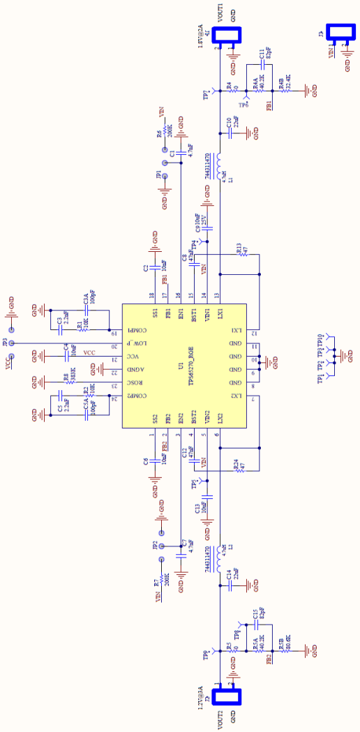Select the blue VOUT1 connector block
point(231,36)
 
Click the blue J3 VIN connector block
point(342,32)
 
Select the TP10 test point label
point(320,340)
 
